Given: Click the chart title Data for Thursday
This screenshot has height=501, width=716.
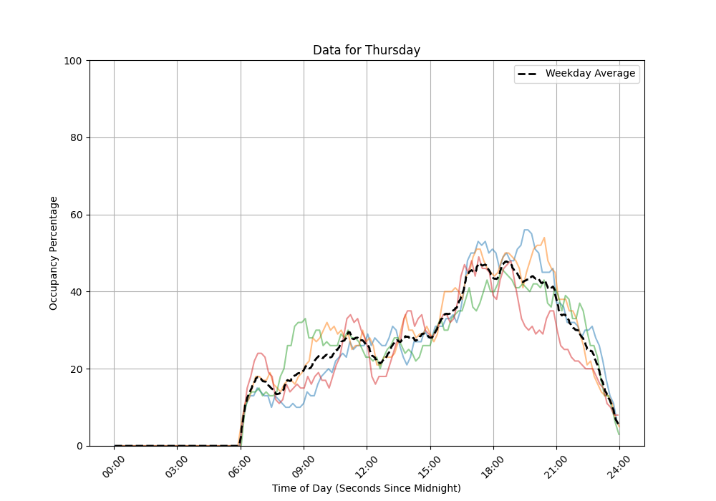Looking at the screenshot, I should [x=366, y=50].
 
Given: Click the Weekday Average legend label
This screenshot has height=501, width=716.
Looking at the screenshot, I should [x=590, y=74].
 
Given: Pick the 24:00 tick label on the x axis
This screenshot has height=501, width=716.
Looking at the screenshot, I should [x=619, y=467].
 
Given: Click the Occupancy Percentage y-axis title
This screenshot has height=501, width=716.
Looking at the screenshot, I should [x=54, y=253].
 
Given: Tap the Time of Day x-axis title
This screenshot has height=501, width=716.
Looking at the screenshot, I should [x=366, y=488].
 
